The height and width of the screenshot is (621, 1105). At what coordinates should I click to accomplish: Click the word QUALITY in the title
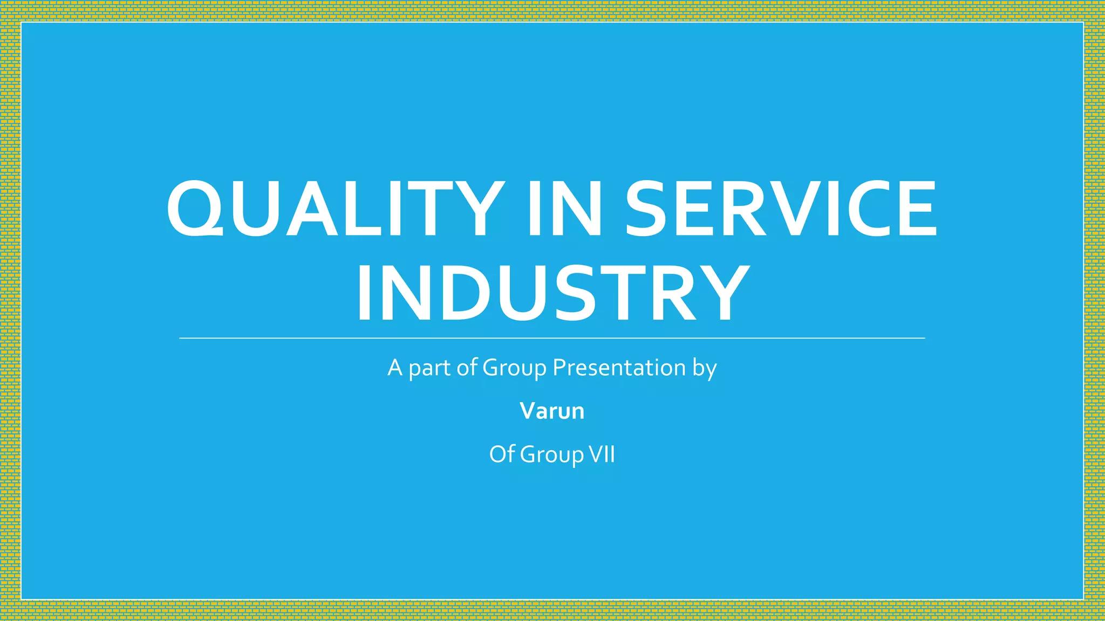pyautogui.click(x=333, y=209)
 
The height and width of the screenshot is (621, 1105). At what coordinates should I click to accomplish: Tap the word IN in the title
pyautogui.click(x=564, y=209)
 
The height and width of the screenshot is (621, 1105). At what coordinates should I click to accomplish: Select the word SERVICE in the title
pyautogui.click(x=781, y=209)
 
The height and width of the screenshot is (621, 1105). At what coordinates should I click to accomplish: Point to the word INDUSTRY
pyautogui.click(x=552, y=294)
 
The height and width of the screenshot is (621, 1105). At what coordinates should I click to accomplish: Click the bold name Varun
pyautogui.click(x=552, y=411)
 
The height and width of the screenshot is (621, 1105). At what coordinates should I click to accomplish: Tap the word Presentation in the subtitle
pyautogui.click(x=619, y=368)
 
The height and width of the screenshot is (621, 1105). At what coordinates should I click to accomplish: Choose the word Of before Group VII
pyautogui.click(x=502, y=454)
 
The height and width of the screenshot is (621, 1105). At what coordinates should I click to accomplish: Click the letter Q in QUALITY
pyautogui.click(x=194, y=209)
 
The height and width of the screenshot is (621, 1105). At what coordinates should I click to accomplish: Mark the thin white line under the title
pyautogui.click(x=552, y=339)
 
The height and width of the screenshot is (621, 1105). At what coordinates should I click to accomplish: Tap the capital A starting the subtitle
pyautogui.click(x=395, y=368)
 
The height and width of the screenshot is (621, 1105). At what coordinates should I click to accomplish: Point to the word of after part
pyautogui.click(x=467, y=368)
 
